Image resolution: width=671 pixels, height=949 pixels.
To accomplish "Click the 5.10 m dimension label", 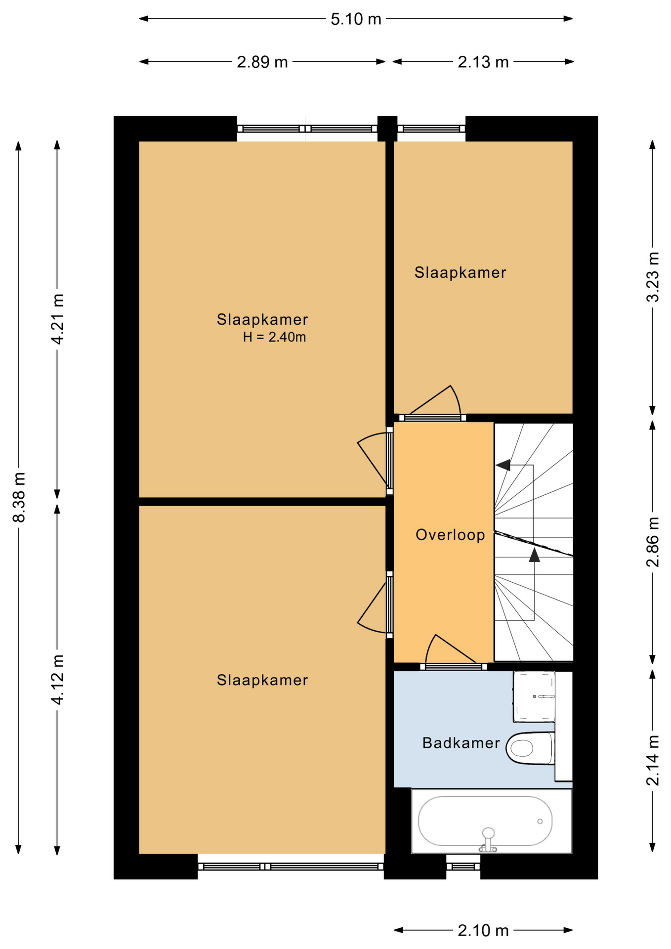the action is [x=356, y=19].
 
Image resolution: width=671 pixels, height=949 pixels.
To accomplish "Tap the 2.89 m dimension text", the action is [x=262, y=62].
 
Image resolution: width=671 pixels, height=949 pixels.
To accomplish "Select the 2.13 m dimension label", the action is [x=483, y=62].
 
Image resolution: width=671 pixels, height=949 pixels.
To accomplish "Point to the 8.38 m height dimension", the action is [x=19, y=497].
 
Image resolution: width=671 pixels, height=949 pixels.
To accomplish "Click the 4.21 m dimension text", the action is [x=58, y=319].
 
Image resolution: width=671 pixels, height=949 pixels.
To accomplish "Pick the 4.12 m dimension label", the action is [x=58, y=679].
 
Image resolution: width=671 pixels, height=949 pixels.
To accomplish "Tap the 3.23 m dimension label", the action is [x=653, y=277].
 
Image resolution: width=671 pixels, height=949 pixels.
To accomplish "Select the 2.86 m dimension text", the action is [x=653, y=542].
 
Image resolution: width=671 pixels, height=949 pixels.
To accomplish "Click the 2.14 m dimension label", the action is [x=653, y=761].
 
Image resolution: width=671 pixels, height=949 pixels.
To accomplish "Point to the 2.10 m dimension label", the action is [x=483, y=931].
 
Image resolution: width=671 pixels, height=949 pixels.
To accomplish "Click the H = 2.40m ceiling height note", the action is [x=274, y=337].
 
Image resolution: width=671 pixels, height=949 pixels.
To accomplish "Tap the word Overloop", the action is [x=450, y=535].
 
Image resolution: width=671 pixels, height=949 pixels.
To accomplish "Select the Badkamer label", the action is [x=461, y=743].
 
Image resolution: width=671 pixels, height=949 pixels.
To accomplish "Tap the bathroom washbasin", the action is [x=534, y=696].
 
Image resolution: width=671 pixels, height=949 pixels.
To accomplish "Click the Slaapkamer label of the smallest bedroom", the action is [x=460, y=272].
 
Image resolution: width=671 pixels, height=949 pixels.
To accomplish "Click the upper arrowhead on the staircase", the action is [x=503, y=465].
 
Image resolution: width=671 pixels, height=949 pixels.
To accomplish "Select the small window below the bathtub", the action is [x=463, y=866].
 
